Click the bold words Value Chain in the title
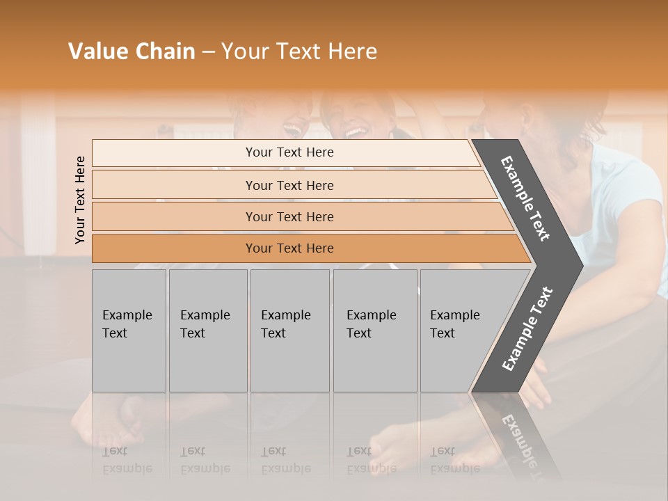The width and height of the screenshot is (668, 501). pos(132,51)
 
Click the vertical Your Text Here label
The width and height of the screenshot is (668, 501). pos(80,200)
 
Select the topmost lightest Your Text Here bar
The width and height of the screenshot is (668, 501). pos(289,152)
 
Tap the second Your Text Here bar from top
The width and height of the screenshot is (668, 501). pos(289,185)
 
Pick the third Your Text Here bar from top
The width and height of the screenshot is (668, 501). pos(289,216)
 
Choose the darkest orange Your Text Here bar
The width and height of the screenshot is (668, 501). pos(289,248)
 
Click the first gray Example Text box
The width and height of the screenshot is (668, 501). pos(129,331)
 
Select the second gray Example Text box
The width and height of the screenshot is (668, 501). pos(208,331)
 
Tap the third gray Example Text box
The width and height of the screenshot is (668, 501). pos(289,331)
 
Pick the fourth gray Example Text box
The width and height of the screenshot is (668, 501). pos(375,331)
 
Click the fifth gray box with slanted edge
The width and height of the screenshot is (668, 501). pos(459,331)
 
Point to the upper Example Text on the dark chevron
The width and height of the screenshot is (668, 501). pos(525,198)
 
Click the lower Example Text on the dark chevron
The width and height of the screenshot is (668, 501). pos(527,329)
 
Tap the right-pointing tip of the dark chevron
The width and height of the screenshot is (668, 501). pos(578,265)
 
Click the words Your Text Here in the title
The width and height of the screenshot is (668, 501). pos(299,51)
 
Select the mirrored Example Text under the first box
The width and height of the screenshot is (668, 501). pos(127,459)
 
